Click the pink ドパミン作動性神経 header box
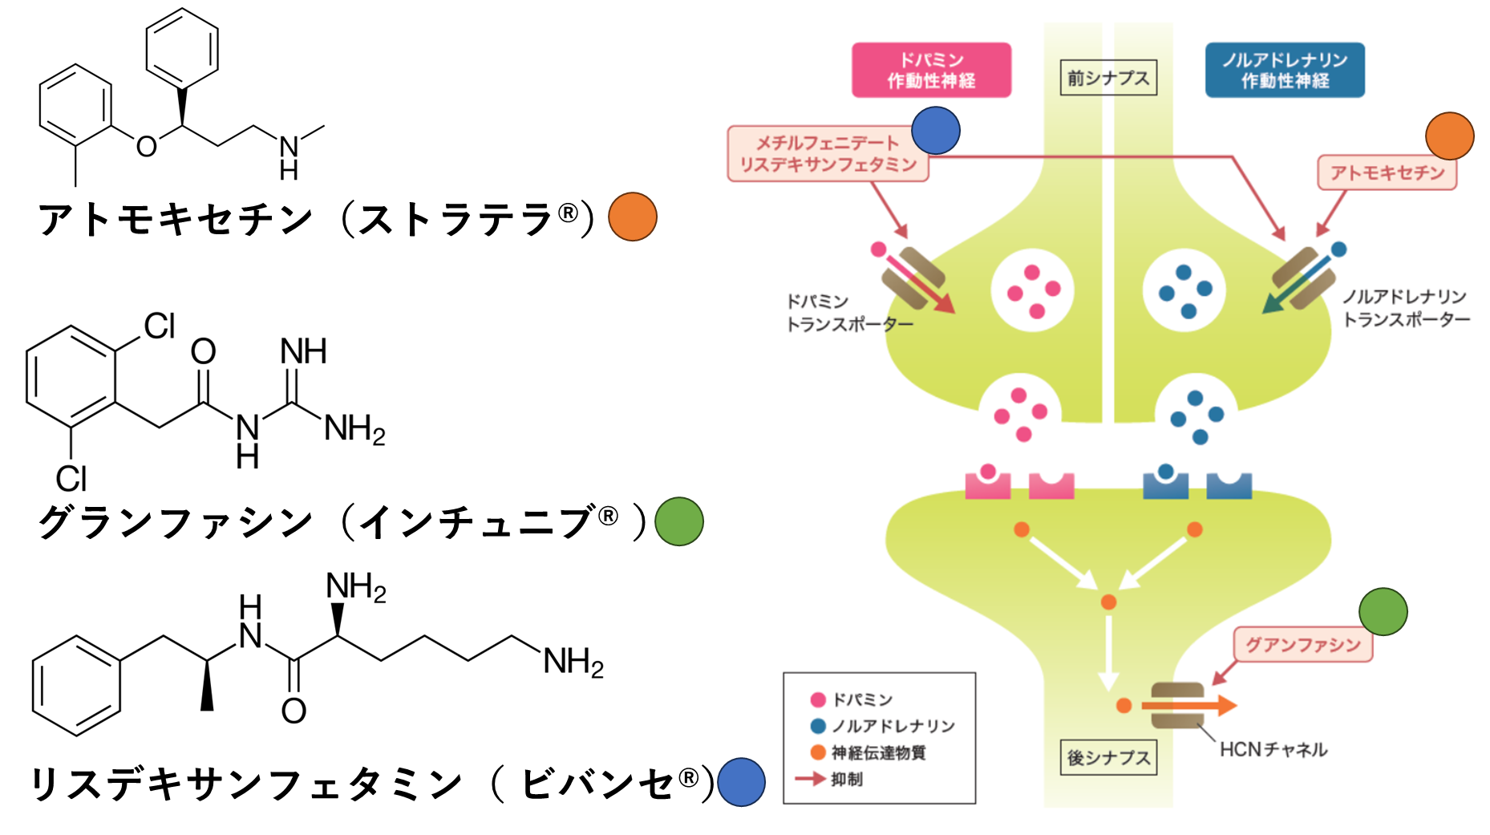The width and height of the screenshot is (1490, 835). point(931,70)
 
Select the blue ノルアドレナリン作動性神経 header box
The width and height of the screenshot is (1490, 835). point(1285,70)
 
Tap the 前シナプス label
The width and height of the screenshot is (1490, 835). point(1108,78)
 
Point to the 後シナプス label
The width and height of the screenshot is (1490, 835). point(1108,757)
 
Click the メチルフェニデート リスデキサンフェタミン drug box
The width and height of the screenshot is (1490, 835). point(827,153)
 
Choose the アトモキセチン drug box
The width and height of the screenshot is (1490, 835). point(1387,172)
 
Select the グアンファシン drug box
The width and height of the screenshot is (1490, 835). point(1302,645)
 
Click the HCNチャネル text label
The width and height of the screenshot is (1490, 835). point(1273,749)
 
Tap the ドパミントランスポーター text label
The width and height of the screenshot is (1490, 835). point(848,313)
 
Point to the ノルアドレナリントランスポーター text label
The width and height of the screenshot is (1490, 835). point(1406,308)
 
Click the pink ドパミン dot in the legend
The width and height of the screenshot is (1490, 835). point(818,699)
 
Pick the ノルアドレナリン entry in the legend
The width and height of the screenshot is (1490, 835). point(892,726)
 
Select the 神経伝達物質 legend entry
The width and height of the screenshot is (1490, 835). point(877,752)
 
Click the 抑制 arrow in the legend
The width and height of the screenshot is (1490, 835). point(810,779)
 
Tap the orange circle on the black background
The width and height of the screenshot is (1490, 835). point(633,217)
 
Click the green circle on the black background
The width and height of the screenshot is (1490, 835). point(679,521)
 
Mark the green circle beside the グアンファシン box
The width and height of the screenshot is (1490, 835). point(1383,612)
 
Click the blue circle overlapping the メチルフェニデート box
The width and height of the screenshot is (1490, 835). point(936,130)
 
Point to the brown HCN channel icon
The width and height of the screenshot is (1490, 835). point(1177,705)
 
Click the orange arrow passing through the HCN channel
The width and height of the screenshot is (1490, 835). point(1219,705)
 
